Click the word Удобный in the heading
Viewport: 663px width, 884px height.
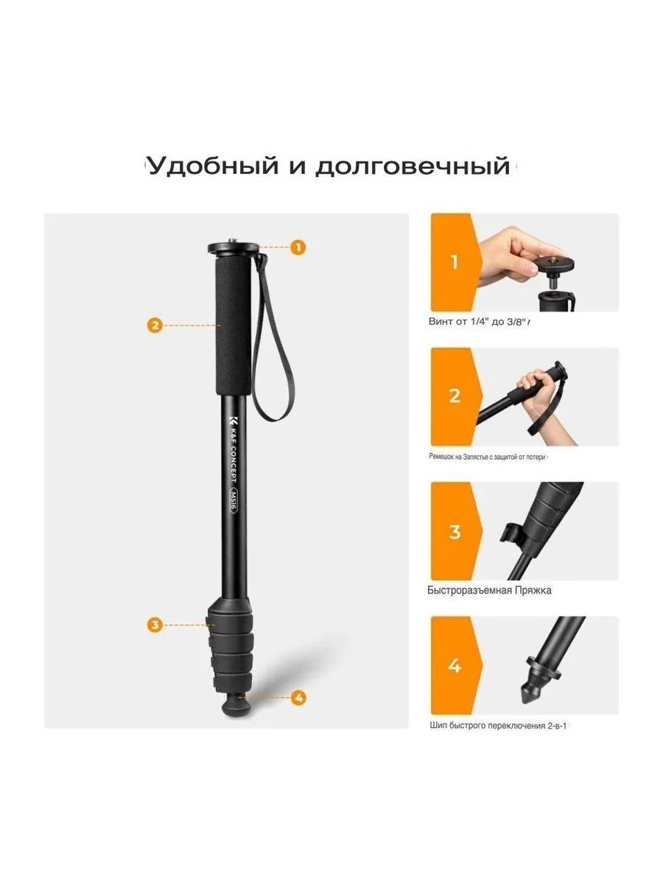pos(213,166)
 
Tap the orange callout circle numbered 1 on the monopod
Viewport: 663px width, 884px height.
pos(298,247)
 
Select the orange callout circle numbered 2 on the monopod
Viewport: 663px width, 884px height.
pos(155,325)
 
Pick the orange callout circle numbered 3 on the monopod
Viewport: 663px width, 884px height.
pos(155,625)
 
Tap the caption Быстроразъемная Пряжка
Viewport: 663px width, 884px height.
pos(489,591)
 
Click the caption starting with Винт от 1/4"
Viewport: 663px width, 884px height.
pos(479,322)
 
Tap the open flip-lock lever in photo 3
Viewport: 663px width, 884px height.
pos(511,533)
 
